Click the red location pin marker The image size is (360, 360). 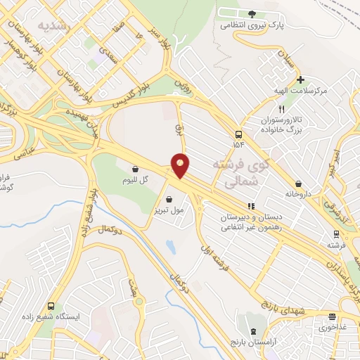coord(181,165)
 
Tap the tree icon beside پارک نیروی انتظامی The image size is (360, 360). coord(252,13)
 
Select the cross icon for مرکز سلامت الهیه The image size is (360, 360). coord(300,79)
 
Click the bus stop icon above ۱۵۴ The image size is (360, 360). coord(239,134)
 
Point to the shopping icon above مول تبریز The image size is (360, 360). coord(169,199)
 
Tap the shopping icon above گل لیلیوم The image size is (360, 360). coord(135,169)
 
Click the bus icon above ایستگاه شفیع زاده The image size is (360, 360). coord(51,306)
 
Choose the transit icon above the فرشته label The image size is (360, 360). coord(337,235)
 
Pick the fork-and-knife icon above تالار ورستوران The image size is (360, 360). coord(281,110)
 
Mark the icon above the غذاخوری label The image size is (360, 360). coord(342,318)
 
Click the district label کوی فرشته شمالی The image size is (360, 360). coord(239,172)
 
